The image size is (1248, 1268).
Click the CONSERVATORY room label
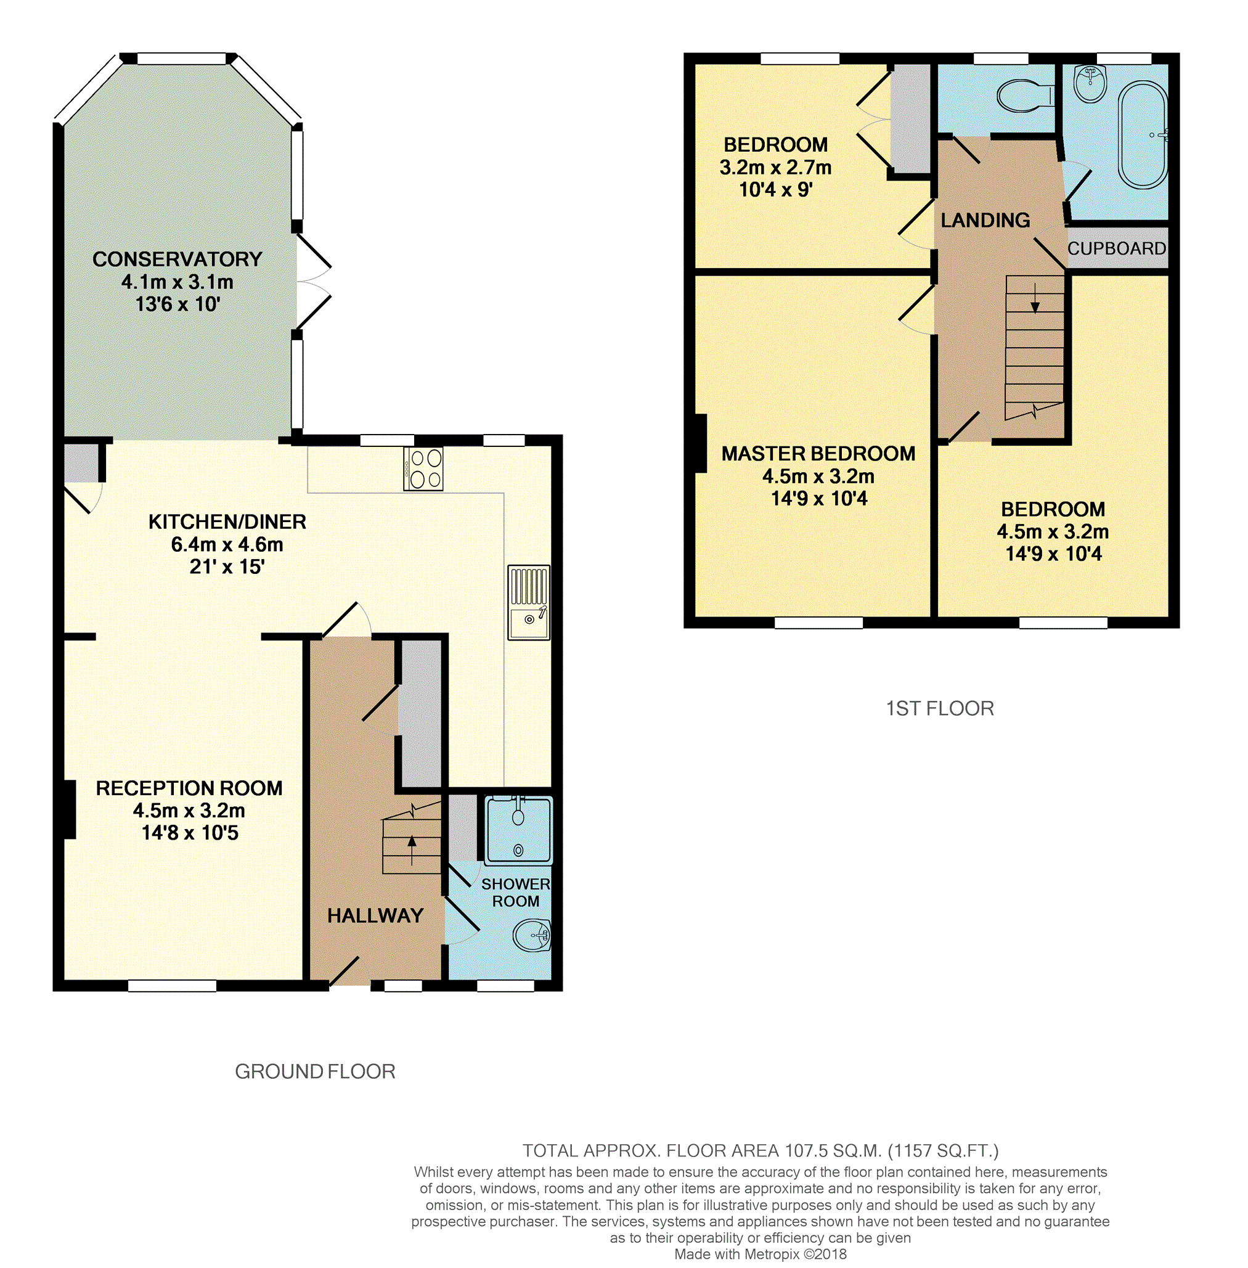[177, 259]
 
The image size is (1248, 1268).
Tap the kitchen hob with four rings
[423, 468]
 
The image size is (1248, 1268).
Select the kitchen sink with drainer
[528, 602]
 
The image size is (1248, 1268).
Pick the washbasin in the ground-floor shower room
[532, 935]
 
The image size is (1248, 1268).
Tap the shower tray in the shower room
[518, 828]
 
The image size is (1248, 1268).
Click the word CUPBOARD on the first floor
[1116, 248]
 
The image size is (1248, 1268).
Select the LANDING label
[985, 220]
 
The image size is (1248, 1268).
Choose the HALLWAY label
[375, 915]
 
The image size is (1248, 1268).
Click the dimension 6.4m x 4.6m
[227, 544]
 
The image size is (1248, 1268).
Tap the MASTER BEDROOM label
[818, 454]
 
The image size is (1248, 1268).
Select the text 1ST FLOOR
[939, 708]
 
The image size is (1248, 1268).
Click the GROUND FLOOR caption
[315, 1071]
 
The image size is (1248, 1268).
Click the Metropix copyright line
[761, 1254]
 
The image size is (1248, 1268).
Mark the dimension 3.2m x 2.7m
[775, 167]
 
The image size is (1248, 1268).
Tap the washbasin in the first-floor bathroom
[1090, 84]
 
